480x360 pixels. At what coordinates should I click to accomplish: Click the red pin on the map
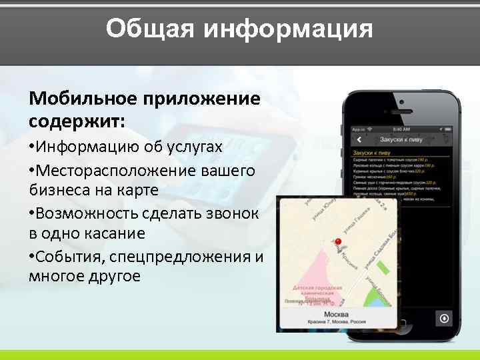[x=337, y=243]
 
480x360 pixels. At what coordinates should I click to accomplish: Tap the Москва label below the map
[x=336, y=313]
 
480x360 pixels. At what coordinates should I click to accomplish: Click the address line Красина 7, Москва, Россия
[x=336, y=322]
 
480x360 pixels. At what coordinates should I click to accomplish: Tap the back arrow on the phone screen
[x=359, y=139]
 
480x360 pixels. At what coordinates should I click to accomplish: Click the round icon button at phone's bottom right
[x=445, y=318]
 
